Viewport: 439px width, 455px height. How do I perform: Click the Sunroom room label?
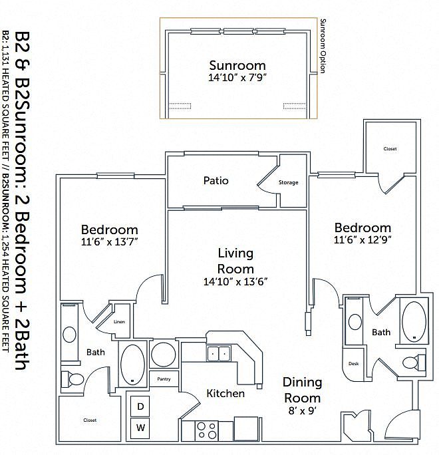(237, 65)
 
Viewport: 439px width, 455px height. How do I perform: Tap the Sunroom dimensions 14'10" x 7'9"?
(237, 77)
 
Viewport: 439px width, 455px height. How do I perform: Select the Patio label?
(216, 180)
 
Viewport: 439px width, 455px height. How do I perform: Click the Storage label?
(289, 182)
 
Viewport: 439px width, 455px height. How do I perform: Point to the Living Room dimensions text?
(235, 281)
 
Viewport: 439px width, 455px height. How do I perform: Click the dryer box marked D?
(140, 406)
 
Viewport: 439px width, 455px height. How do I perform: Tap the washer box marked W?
(140, 428)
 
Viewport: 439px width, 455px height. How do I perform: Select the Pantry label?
(164, 379)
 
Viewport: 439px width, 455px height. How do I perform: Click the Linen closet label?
(119, 321)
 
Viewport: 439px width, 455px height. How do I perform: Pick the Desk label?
(353, 363)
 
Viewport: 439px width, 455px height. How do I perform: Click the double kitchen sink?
(219, 353)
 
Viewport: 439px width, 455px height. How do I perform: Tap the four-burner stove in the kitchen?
(207, 430)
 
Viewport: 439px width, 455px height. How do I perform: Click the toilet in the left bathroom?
(73, 379)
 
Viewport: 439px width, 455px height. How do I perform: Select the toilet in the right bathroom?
(414, 363)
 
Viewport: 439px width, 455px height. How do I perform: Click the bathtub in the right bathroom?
(414, 321)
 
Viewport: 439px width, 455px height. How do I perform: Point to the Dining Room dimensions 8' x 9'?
(303, 410)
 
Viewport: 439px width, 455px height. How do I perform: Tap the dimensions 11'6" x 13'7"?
(109, 241)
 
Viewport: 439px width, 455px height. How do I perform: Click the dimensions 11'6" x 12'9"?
(363, 239)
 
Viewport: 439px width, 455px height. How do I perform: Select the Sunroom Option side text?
(323, 46)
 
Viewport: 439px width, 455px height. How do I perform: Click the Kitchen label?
(225, 394)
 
